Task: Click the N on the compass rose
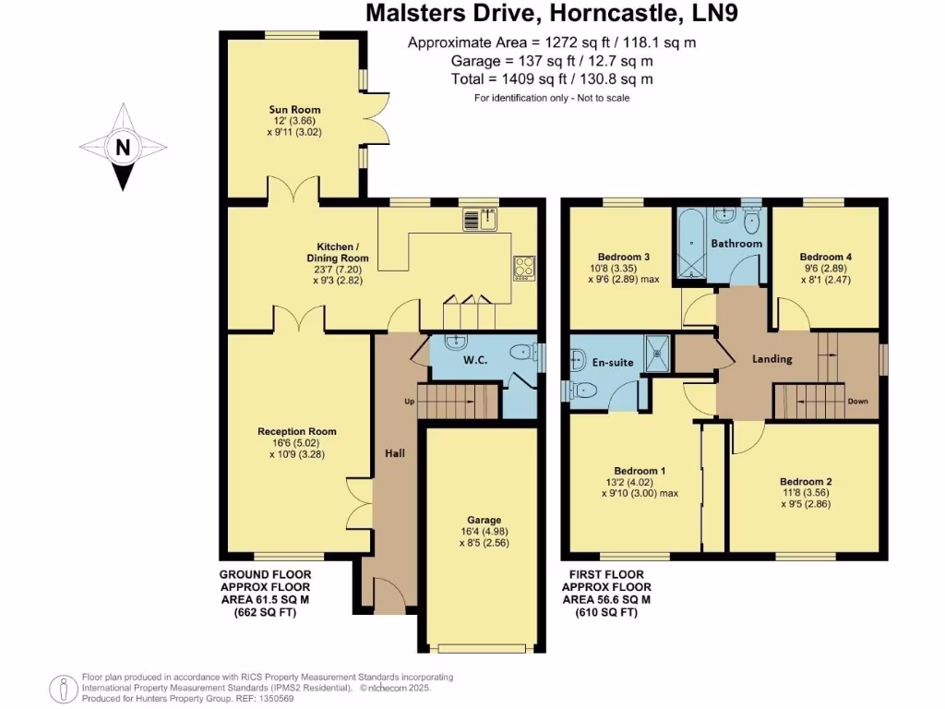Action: pyautogui.click(x=122, y=147)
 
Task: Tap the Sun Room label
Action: pyautogui.click(x=276, y=110)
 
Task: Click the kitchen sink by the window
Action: pyautogui.click(x=481, y=219)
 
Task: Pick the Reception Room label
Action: pyautogui.click(x=297, y=431)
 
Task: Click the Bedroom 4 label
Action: pyautogui.click(x=826, y=257)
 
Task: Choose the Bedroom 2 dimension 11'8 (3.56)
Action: pyautogui.click(x=806, y=493)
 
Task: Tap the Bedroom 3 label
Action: pyautogui.click(x=624, y=257)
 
